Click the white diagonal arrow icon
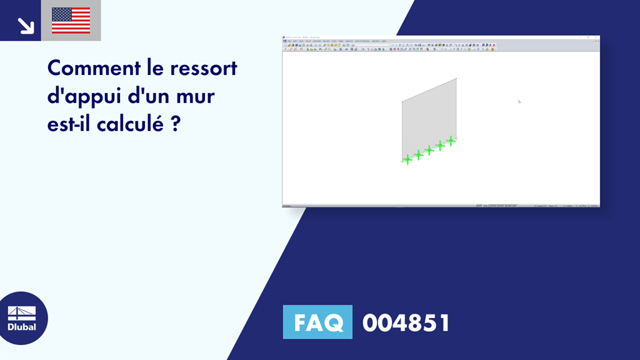[26, 25]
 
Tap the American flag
[71, 21]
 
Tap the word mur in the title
[203, 96]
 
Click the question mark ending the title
[176, 124]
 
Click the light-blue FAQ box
[317, 322]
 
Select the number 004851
[406, 322]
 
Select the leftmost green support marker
[407, 159]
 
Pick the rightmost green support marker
[450, 141]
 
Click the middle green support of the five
[429, 150]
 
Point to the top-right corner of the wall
[456, 78]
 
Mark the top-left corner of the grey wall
[402, 101]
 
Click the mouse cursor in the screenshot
[519, 101]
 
